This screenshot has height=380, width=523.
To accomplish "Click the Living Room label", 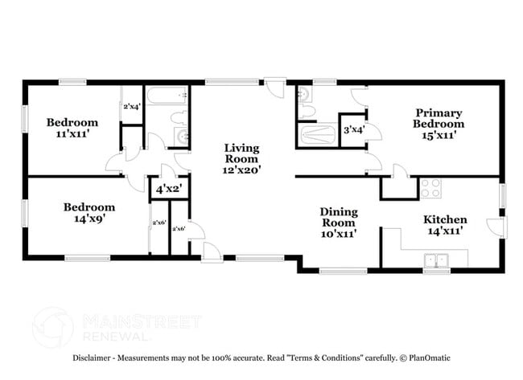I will tap(240, 158).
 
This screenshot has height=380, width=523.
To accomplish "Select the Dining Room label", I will tap(339, 223).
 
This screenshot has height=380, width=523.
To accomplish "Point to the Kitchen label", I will tap(445, 225).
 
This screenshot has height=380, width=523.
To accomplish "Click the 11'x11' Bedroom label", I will tap(72, 129).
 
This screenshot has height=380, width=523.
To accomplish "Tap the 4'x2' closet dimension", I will tap(167, 190).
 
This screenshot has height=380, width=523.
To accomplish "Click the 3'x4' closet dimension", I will tap(354, 129).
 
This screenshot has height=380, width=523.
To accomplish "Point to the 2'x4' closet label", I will tap(131, 107).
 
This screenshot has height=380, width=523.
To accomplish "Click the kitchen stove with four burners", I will tap(430, 188).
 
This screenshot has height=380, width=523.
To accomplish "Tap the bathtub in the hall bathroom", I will tap(168, 97).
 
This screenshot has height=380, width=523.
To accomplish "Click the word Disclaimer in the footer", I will tap(97, 358).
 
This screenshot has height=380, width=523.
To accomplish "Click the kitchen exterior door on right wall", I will tap(498, 227).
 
